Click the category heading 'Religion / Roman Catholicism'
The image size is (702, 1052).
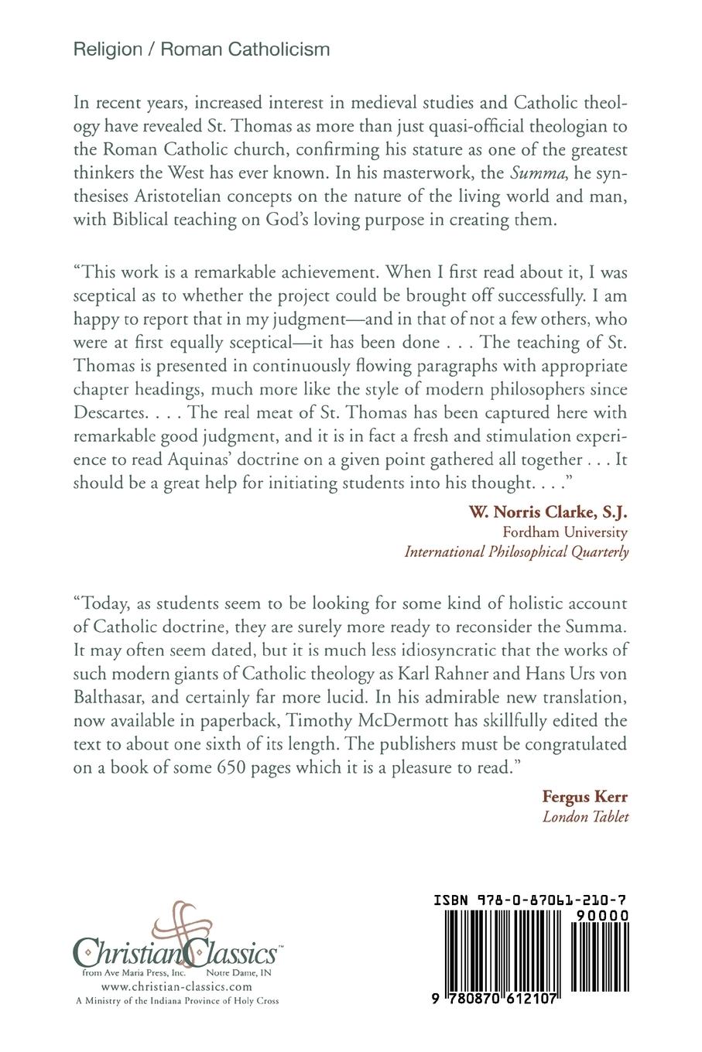click(x=201, y=50)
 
